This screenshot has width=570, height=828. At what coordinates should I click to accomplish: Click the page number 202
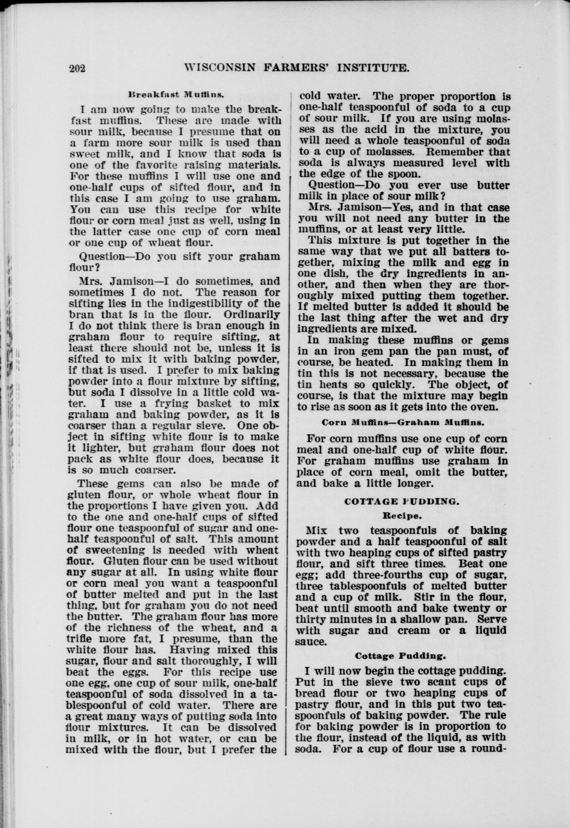click(x=78, y=68)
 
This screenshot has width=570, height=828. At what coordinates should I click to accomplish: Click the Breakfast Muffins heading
click(x=176, y=95)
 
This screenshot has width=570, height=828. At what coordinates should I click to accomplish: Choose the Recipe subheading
click(x=401, y=516)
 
